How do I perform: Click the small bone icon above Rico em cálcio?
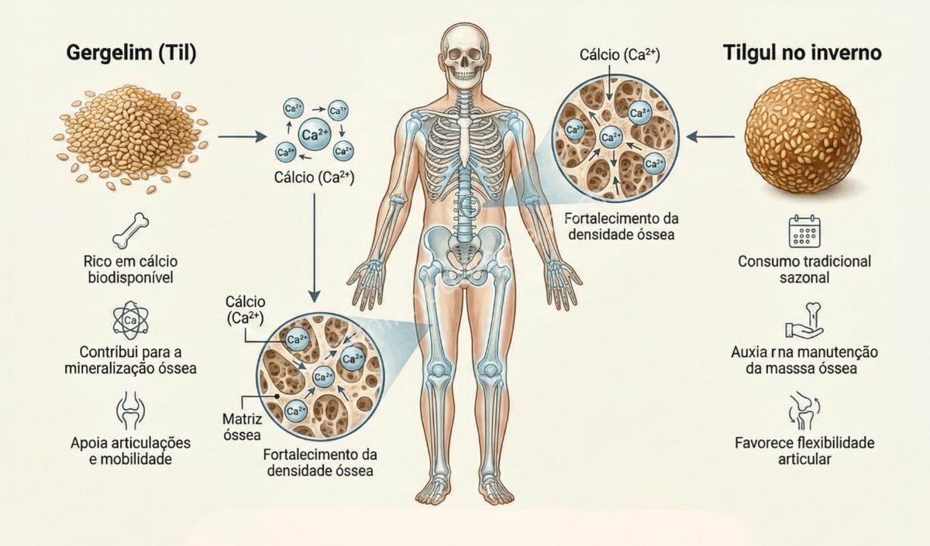130,230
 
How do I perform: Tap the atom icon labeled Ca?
130,318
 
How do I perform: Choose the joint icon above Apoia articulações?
130,411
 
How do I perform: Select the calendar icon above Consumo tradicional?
804,231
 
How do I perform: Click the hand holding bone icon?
804,321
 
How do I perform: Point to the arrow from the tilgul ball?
711,138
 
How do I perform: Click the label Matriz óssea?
242,427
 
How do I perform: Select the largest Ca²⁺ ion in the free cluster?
314,134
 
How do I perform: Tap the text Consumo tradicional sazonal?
804,269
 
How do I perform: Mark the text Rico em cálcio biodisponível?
130,269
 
